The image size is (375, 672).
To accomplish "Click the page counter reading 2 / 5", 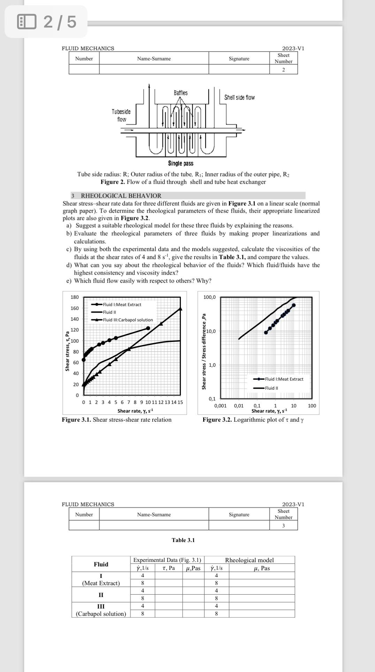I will (60, 22).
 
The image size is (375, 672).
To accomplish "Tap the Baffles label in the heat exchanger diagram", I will (181, 93).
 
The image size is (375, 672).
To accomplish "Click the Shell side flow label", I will (239, 98).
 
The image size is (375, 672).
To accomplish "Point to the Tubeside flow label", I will (121, 115).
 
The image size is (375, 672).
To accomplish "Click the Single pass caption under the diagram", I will (181, 163).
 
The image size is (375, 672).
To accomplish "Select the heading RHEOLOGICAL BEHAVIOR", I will (121, 196).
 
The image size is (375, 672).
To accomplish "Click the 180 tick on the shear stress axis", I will (75, 297).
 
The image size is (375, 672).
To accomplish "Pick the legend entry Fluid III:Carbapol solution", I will (128, 320).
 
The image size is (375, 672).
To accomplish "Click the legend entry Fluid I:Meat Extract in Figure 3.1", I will (122, 305).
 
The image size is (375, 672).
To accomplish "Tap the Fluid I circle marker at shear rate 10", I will (148, 328).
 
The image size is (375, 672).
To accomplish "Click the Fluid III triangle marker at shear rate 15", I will (180, 308).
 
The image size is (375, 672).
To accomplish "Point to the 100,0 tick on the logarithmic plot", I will (209, 297).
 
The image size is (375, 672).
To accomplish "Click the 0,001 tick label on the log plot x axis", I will (220, 406).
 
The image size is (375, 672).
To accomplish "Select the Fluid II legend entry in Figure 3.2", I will (271, 388).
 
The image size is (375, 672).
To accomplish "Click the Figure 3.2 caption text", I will (253, 420).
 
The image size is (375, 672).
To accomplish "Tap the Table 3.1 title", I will (183, 540).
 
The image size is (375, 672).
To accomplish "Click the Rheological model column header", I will (249, 560).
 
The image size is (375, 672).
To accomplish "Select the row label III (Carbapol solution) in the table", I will (101, 610).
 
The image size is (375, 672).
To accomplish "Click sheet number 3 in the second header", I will (283, 526).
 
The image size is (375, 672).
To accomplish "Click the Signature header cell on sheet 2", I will (239, 59).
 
